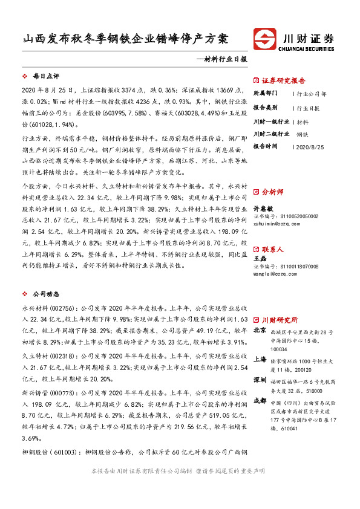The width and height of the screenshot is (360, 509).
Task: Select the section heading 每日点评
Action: pos(46,77)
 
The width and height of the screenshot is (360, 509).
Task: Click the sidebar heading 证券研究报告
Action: pos(283,80)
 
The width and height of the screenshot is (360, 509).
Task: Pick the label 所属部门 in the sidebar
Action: pos(265,94)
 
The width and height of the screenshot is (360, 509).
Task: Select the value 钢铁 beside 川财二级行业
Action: pos(303,134)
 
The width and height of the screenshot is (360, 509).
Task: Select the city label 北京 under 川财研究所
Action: pos(259,331)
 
